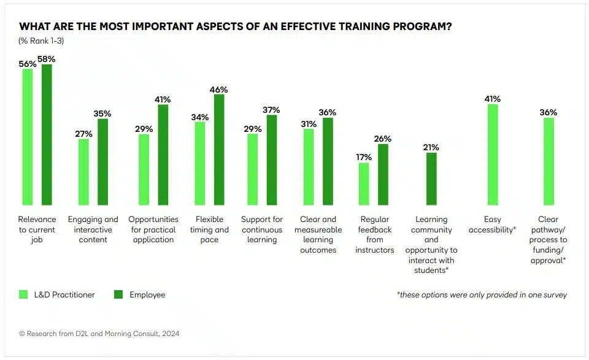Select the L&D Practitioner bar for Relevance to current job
[x=28, y=136]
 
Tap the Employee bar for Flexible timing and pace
[x=218, y=149]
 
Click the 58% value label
[x=47, y=59]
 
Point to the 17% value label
[x=364, y=157]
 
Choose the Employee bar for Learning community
[x=431, y=178]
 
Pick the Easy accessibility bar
[x=493, y=154]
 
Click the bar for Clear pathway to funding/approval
[x=549, y=161]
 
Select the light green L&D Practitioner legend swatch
[x=24, y=294]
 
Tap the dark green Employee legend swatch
[x=119, y=294]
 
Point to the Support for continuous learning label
[x=262, y=229]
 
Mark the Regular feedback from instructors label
[x=374, y=234]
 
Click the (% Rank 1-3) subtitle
[x=41, y=41]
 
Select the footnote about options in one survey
[x=482, y=295]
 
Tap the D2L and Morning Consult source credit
[x=99, y=334]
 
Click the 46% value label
[x=218, y=89]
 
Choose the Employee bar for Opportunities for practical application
[x=163, y=155]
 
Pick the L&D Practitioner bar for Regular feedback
[x=364, y=183]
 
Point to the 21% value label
[x=431, y=147]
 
